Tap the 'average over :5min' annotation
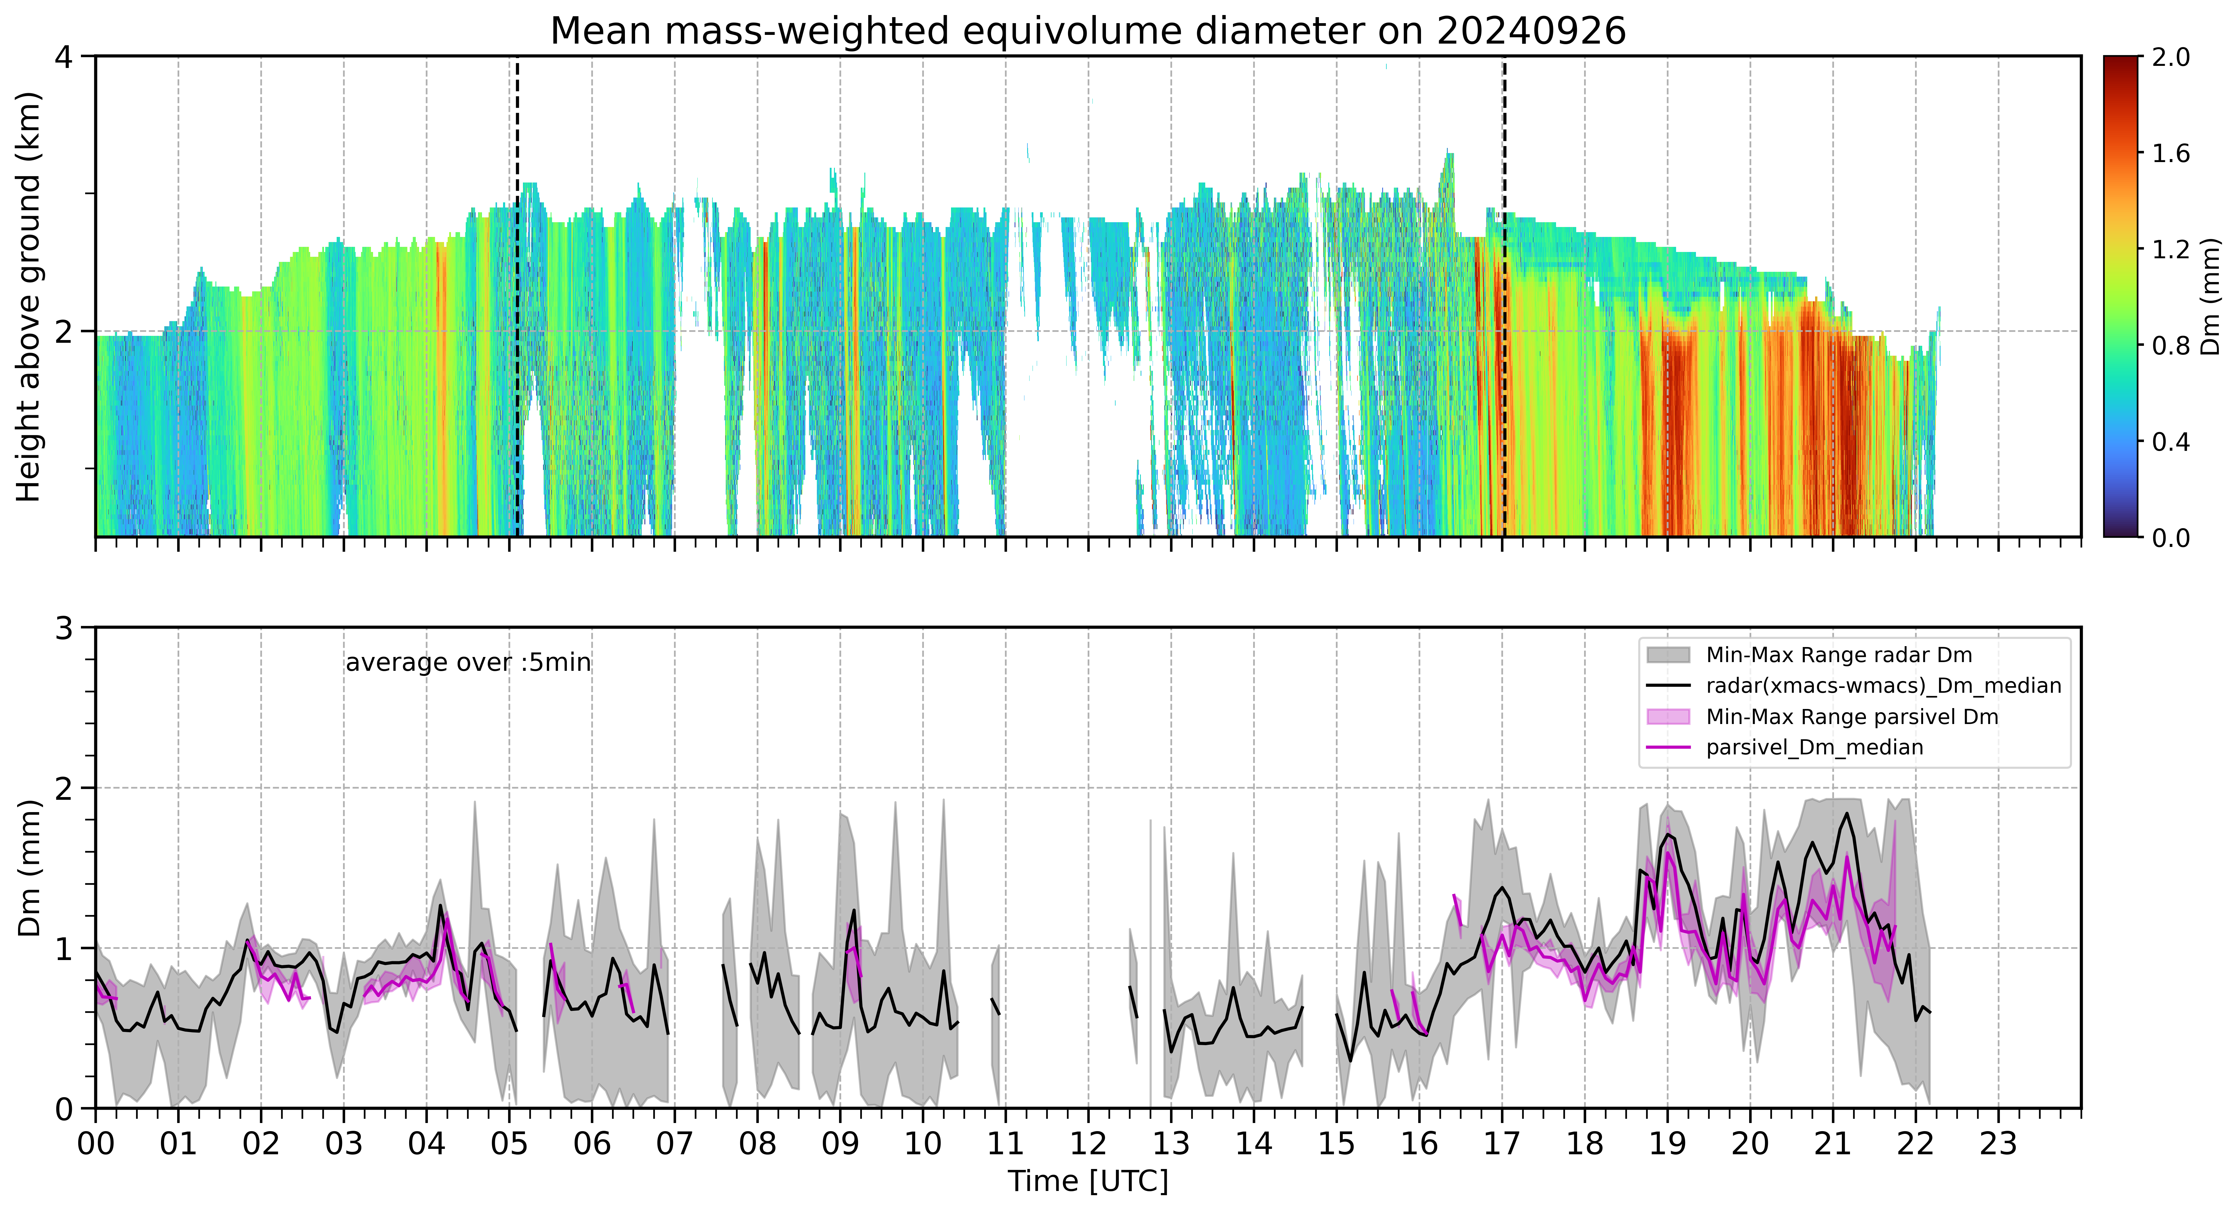pos(468,663)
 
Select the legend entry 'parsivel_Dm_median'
pos(1814,747)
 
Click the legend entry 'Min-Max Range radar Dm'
pos(1838,655)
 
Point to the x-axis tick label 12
pos(1088,1143)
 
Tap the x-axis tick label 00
pos(96,1143)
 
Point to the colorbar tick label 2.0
pos(2170,57)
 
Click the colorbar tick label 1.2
pos(2170,249)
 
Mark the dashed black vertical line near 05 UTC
pos(517,296)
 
